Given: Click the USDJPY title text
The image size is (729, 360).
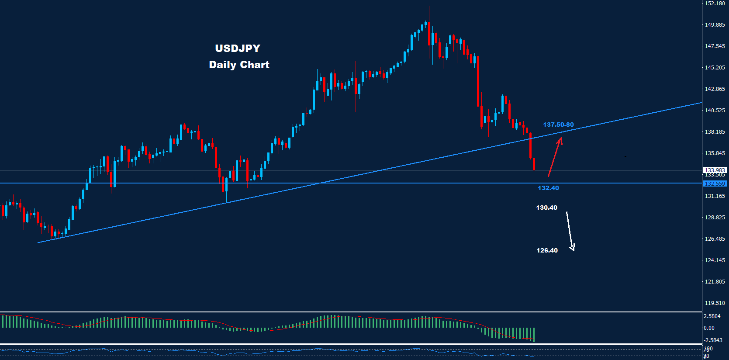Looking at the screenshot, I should (x=238, y=48).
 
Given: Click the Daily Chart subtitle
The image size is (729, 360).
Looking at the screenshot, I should (x=239, y=65).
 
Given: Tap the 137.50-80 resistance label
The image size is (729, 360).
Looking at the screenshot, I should (x=558, y=125).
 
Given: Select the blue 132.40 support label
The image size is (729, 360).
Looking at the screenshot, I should (x=548, y=188).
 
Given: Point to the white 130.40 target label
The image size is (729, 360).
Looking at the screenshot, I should (x=546, y=208).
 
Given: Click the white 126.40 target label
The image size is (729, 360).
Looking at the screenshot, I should (x=547, y=250).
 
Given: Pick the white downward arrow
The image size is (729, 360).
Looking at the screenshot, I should (x=570, y=231).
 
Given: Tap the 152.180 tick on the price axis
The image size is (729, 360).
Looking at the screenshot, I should (x=715, y=3).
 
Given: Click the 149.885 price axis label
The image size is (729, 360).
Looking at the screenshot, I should (x=715, y=25).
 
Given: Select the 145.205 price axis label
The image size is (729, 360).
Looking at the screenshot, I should (x=715, y=68).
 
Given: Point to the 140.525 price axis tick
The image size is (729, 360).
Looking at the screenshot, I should (x=715, y=111).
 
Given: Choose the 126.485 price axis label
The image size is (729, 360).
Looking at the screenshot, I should (x=715, y=239).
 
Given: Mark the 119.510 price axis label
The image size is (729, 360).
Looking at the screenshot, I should (x=715, y=303).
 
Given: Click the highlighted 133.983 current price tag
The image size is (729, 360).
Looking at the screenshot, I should (x=715, y=170).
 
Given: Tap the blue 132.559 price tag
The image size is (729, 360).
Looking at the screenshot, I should (x=715, y=184).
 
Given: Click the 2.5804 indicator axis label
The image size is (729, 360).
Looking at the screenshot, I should (x=712, y=316).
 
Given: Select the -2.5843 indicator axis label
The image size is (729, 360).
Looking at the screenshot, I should (x=713, y=340).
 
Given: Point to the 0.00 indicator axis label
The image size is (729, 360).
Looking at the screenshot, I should (x=709, y=328).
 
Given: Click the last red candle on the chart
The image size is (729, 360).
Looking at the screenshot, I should (x=534, y=165).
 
